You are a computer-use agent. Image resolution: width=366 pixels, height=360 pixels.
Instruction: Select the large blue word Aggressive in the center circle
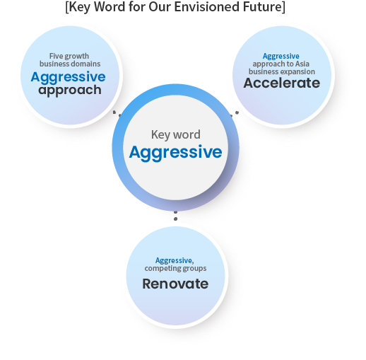coord(175,153)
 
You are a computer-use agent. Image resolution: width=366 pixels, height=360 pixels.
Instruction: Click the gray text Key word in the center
coord(176,135)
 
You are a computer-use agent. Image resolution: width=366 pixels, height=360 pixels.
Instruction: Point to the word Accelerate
coord(282,83)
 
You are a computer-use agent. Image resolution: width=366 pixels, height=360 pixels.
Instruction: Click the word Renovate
coord(175,284)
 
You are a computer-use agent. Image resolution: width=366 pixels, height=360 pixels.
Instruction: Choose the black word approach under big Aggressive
coord(70,91)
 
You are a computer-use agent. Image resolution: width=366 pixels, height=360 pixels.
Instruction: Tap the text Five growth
coord(69,57)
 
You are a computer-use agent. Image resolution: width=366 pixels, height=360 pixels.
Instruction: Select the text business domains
coord(70,64)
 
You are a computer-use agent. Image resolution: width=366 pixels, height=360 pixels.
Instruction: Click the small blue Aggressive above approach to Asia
coord(281,57)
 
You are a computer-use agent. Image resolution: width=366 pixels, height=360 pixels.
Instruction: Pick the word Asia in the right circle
coord(302,64)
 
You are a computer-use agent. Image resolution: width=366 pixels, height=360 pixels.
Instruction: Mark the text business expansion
coord(282,71)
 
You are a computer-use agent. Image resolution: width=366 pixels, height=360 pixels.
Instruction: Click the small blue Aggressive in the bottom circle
coord(174,261)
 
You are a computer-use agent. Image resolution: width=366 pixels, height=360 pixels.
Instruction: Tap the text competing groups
coord(175,268)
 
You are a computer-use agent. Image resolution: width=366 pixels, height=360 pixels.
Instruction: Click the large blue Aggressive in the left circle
coord(68,78)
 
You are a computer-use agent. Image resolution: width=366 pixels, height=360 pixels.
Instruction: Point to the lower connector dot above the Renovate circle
coord(175,219)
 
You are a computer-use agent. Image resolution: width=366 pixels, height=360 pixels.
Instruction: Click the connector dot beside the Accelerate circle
coord(237,112)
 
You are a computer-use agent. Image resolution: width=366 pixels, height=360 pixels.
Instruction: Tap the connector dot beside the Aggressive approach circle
coord(114,112)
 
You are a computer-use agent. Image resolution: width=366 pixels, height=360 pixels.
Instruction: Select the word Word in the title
coord(110,6)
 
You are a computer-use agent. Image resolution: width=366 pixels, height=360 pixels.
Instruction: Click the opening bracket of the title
coord(67,7)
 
